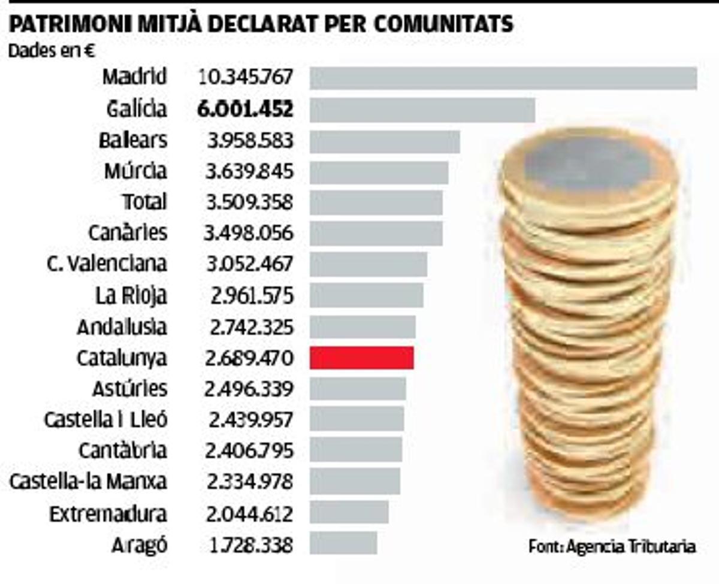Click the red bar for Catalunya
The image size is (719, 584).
[361, 358]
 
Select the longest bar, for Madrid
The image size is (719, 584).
[503, 78]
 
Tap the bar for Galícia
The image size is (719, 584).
[422, 110]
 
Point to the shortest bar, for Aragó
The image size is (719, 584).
[343, 544]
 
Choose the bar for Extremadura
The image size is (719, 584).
[349, 513]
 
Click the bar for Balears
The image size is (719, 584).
[385, 141]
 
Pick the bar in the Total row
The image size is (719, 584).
[376, 203]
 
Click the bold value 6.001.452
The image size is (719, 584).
[245, 110]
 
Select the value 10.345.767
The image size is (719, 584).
[245, 78]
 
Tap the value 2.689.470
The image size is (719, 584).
[249, 358]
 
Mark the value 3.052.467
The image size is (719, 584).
[249, 264]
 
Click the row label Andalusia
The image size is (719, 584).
[122, 327]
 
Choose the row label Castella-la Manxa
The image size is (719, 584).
[88, 482]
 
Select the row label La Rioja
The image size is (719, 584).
[131, 295]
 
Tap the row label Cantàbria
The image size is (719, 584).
[123, 450]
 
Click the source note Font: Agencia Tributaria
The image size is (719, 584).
[612, 546]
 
